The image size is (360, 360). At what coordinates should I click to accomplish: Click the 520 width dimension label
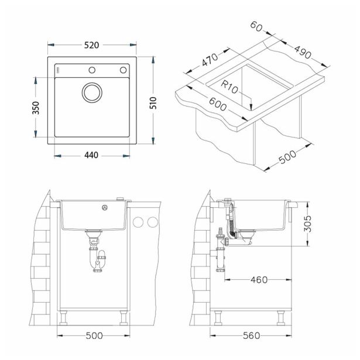coord(91,45)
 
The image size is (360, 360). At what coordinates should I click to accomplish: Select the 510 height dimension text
coord(153,103)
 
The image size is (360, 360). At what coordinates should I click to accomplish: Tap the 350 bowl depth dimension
coord(36,108)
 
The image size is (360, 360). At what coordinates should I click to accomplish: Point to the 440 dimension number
coord(91,155)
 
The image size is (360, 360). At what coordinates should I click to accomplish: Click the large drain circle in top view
coord(92,92)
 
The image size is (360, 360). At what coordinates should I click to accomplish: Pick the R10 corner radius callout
coord(229,87)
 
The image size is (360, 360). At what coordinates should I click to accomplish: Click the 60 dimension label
coord(256,26)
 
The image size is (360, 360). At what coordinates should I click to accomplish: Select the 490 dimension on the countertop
coord(303,52)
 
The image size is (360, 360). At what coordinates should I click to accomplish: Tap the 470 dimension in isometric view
coord(210,60)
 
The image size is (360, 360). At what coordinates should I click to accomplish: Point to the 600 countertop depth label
coord(218,104)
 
